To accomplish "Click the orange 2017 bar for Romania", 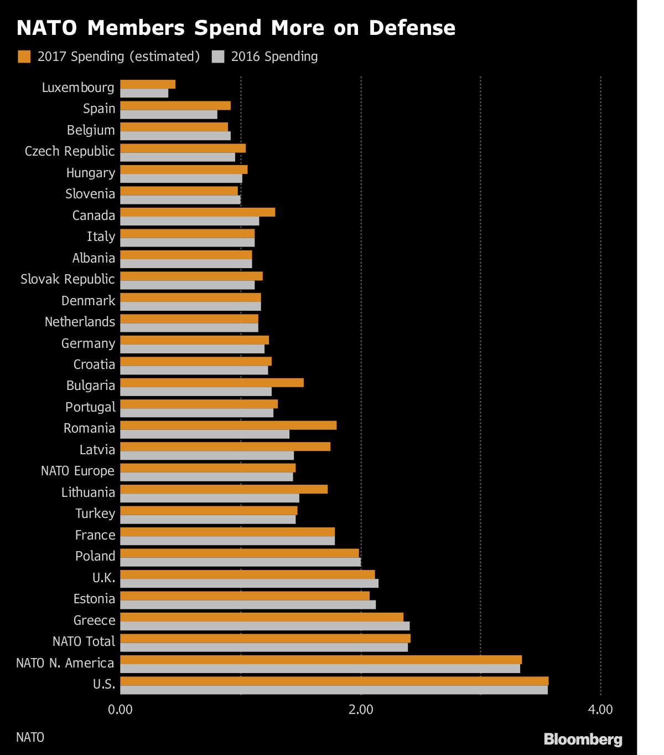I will click(228, 425).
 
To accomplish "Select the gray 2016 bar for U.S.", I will click(334, 690).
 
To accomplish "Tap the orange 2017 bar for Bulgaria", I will click(212, 383).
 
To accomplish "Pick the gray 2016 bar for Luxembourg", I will click(144, 93).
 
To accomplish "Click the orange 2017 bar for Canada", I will click(198, 212).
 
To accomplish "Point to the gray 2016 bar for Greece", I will click(264, 626).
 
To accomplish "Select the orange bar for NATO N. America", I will click(321, 660).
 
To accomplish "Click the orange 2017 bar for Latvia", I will click(225, 446).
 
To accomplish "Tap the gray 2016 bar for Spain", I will click(169, 115).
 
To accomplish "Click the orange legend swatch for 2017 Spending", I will click(24, 57).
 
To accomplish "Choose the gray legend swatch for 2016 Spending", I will click(218, 57).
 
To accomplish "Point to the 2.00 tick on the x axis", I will click(361, 710).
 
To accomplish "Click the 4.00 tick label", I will click(600, 710).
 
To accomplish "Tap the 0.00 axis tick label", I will click(120, 710).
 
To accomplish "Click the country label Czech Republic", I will click(70, 151).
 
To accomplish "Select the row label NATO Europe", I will click(77, 471).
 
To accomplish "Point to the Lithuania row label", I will click(88, 492).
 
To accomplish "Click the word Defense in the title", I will click(412, 28).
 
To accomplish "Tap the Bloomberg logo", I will click(583, 739).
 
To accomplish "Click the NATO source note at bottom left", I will click(30, 737).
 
